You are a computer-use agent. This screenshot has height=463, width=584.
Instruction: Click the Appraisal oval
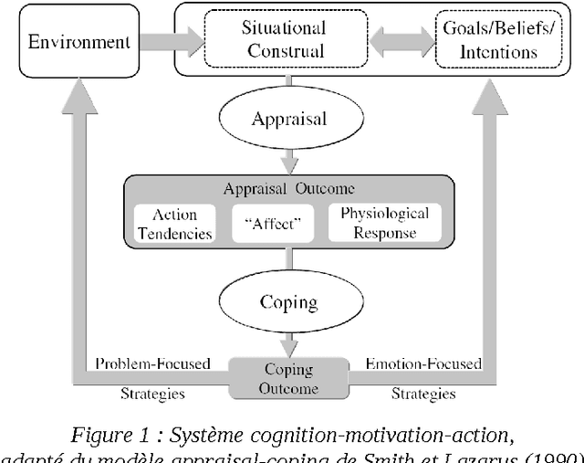pos(290,119)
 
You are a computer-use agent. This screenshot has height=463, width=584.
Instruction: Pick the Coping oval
pos(290,301)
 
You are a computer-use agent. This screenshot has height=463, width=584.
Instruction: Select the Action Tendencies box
pos(174,224)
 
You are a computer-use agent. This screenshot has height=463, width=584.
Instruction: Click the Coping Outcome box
pos(289,379)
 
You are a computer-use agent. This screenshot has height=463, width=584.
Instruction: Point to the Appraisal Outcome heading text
pos(289,189)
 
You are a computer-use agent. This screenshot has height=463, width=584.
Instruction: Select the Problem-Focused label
pos(152,364)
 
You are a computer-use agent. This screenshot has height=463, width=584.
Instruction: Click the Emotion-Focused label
pos(422,364)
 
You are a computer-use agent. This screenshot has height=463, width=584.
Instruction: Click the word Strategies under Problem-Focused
pos(152,395)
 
